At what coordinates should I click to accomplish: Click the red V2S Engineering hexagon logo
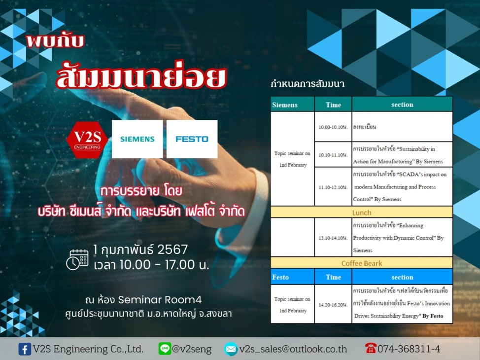pos(87,140)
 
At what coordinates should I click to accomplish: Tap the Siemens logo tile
pos(137,139)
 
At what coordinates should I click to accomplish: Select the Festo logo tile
pos(192,139)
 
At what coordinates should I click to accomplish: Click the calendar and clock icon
pos(77,260)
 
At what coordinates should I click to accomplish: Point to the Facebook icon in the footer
pos(25,349)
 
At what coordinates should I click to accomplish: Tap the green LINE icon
pos(165,349)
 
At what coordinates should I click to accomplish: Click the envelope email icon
pos(231,349)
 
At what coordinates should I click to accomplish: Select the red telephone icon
pos(371,348)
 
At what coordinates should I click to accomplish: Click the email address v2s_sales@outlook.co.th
pos(293,349)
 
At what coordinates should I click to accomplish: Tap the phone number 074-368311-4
pos(409,349)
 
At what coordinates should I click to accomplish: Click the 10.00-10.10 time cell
pos(333,127)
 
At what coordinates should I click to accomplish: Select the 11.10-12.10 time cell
pos(333,187)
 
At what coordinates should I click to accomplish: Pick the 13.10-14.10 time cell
pos(333,238)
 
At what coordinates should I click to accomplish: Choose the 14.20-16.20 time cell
pos(333,305)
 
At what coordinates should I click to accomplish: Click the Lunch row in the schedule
pos(362,213)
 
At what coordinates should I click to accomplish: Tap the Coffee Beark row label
pos(362,263)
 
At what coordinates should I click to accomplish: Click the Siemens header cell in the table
pos(292,105)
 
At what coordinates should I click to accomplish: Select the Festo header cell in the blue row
pos(292,277)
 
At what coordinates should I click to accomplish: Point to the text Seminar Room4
pos(160,299)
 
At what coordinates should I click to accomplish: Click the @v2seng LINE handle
pos(192,349)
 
